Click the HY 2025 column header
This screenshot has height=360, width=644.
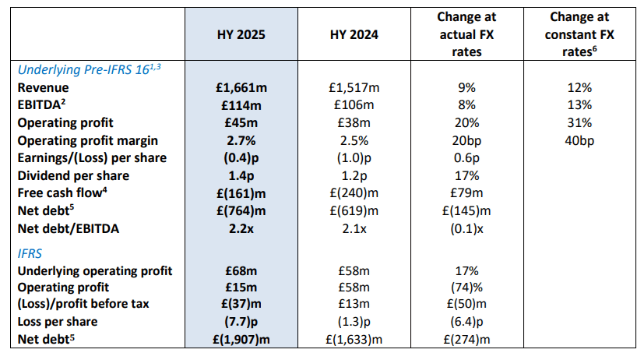pyautogui.click(x=241, y=34)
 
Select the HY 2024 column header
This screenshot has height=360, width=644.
pyautogui.click(x=354, y=34)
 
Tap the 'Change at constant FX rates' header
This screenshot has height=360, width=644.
pyautogui.click(x=579, y=34)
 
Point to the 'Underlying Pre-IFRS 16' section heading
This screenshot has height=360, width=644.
pyautogui.click(x=89, y=69)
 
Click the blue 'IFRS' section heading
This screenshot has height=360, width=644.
pyautogui.click(x=30, y=253)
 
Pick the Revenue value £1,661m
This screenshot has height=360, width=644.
pyautogui.click(x=241, y=87)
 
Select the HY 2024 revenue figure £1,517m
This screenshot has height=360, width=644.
pyautogui.click(x=354, y=87)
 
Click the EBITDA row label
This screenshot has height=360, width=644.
pyautogui.click(x=41, y=104)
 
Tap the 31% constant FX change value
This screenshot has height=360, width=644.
pyautogui.click(x=579, y=122)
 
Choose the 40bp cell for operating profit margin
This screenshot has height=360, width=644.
pyautogui.click(x=579, y=140)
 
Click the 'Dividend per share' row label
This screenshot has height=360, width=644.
pyautogui.click(x=73, y=176)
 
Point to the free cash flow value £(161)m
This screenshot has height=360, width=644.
pyautogui.click(x=241, y=193)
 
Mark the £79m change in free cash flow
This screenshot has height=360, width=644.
pyautogui.click(x=466, y=192)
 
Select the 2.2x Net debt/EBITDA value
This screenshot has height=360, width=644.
pyautogui.click(x=241, y=228)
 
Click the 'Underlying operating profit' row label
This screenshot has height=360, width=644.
pyautogui.click(x=95, y=271)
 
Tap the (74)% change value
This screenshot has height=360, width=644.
pyautogui.click(x=466, y=288)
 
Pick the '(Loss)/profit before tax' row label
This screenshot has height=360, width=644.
pyautogui.click(x=83, y=304)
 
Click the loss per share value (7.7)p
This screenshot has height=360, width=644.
pyautogui.click(x=241, y=321)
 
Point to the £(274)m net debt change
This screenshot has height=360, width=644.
pyautogui.click(x=466, y=340)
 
